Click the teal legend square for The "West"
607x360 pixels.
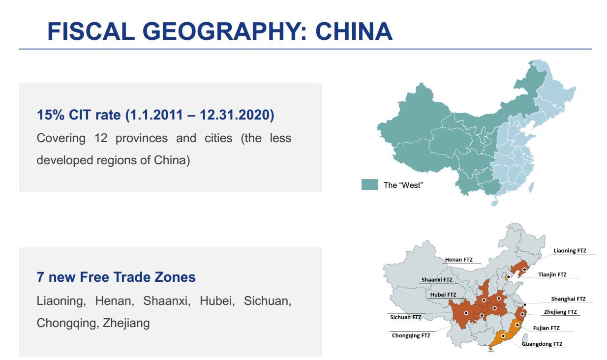[369, 184]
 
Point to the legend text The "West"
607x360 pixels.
[403, 185]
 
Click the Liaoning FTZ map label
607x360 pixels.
[570, 251]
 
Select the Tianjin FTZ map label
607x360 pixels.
[552, 274]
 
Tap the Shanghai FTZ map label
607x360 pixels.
[568, 299]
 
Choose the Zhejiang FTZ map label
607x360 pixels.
[560, 312]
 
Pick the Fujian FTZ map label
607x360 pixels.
[546, 328]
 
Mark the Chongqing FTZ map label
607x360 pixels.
[411, 336]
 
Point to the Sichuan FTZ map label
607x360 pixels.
[405, 317]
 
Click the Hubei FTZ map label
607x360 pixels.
[443, 295]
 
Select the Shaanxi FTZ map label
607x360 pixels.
[437, 280]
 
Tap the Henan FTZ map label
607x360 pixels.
[458, 259]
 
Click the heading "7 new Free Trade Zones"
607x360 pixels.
[116, 277]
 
